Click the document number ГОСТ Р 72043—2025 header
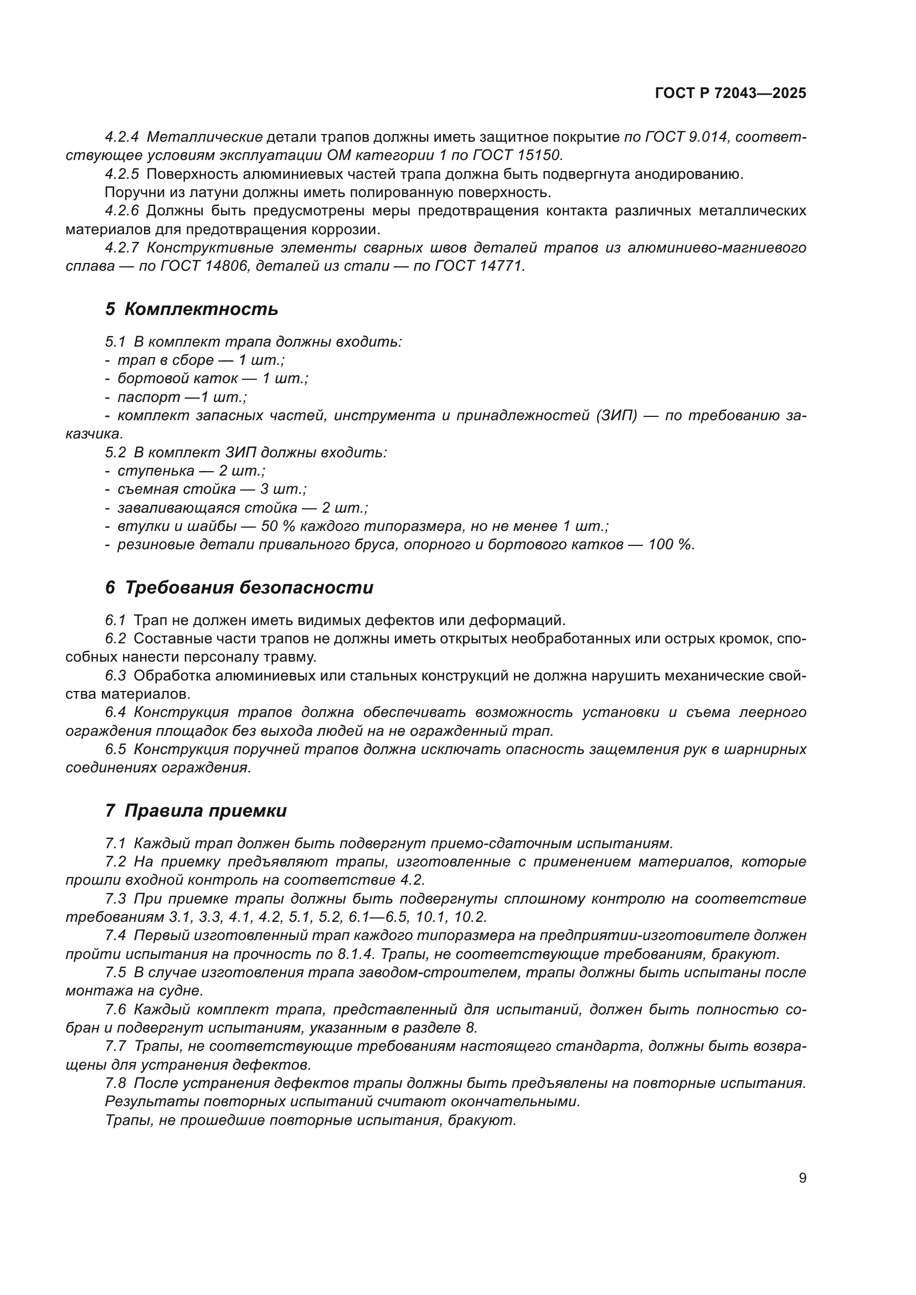pyautogui.click(x=730, y=94)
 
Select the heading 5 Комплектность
pyautogui.click(x=192, y=309)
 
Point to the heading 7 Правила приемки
pyautogui.click(x=195, y=811)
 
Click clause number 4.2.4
pyautogui.click(x=122, y=137)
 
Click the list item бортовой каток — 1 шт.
pyautogui.click(x=212, y=379)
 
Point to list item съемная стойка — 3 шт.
pyautogui.click(x=212, y=489)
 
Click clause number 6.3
pyautogui.click(x=116, y=675)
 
